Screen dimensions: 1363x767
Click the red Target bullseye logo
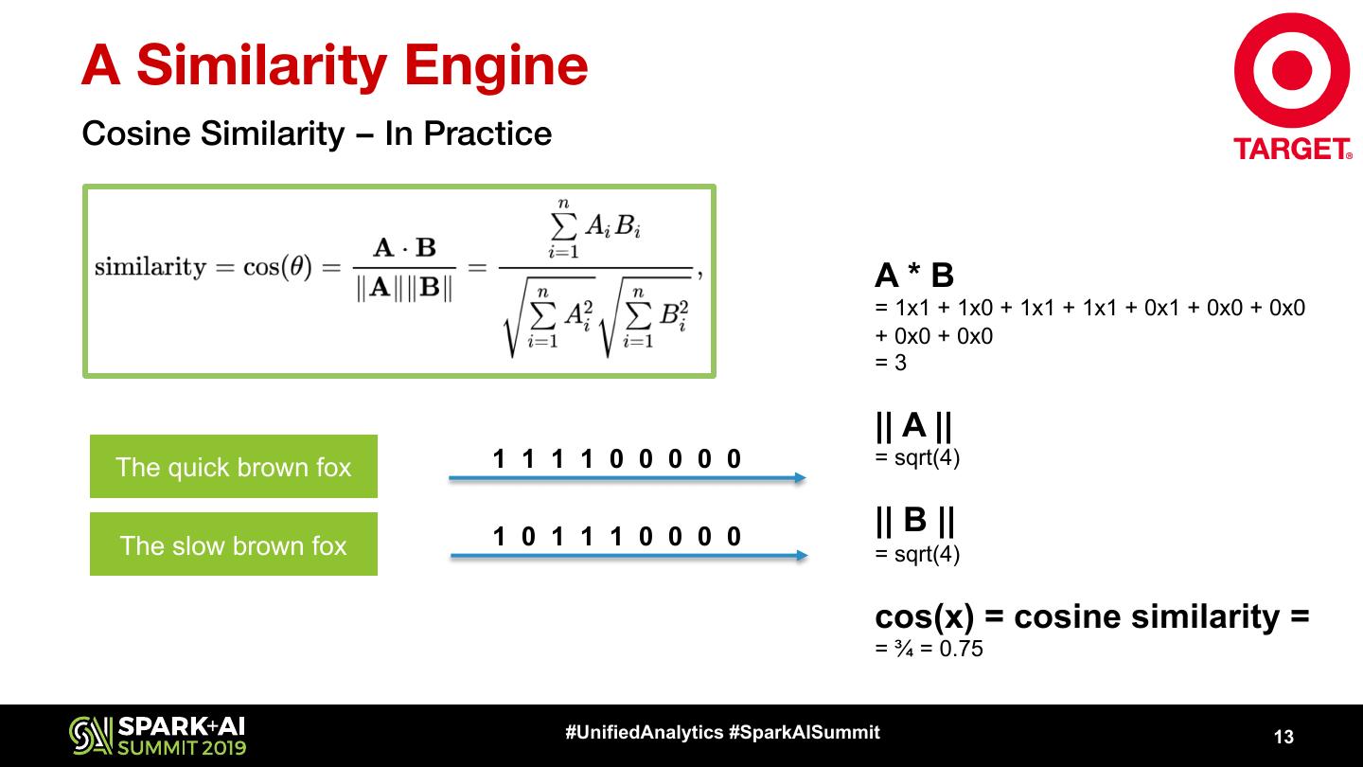pyautogui.click(x=1292, y=71)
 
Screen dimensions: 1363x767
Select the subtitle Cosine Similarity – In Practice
pyautogui.click(x=317, y=134)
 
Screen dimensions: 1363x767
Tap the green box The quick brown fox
pyautogui.click(x=234, y=467)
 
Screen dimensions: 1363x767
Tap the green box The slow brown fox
pyautogui.click(x=234, y=544)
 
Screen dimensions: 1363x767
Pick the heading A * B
pyautogui.click(x=914, y=276)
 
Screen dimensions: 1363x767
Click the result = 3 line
pyautogui.click(x=891, y=362)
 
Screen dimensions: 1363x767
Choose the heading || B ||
pyautogui.click(x=914, y=520)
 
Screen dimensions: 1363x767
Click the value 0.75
pyautogui.click(x=961, y=650)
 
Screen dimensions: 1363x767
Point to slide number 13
pyautogui.click(x=1283, y=737)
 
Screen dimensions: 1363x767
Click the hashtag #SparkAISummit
pyautogui.click(x=804, y=732)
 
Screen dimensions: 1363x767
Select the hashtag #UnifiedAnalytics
pyautogui.click(x=645, y=732)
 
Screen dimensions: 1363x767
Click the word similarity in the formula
pyautogui.click(x=150, y=267)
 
